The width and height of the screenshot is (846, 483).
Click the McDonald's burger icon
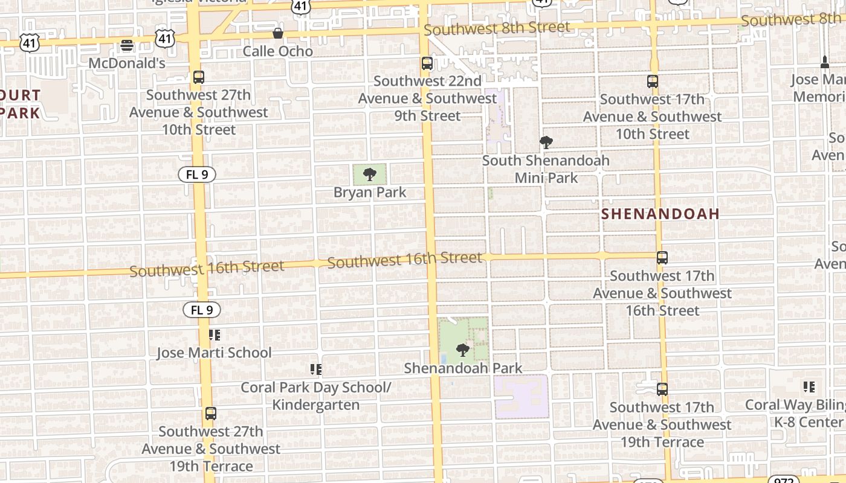tap(127, 45)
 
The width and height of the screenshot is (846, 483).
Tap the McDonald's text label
tap(127, 63)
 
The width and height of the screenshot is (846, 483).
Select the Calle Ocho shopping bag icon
tap(278, 33)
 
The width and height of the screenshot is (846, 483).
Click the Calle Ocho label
tap(278, 51)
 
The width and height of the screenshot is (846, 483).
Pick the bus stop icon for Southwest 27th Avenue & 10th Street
tap(198, 77)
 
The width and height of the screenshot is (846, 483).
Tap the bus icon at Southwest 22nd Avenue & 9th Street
tap(427, 63)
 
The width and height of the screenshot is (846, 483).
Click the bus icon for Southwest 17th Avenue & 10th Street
tap(652, 82)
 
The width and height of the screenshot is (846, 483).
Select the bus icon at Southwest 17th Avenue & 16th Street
tap(662, 258)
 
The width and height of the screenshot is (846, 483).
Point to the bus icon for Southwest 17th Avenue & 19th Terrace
tap(662, 389)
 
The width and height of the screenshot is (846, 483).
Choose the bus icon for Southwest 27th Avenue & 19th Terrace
tap(210, 414)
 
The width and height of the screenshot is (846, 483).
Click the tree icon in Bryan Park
tap(370, 175)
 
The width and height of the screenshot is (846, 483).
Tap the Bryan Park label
tap(370, 193)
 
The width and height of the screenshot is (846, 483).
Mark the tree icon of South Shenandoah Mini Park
tap(546, 142)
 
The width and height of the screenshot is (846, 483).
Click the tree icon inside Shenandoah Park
tap(463, 350)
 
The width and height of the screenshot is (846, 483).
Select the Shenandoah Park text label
tap(463, 368)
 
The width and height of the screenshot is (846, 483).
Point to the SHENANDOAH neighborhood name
tap(660, 214)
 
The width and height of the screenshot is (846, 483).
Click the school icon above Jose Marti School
tap(214, 334)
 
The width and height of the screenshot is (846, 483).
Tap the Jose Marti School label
tap(214, 353)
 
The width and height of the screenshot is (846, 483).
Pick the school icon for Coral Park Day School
tap(315, 369)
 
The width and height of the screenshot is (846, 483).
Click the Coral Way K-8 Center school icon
tap(809, 386)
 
